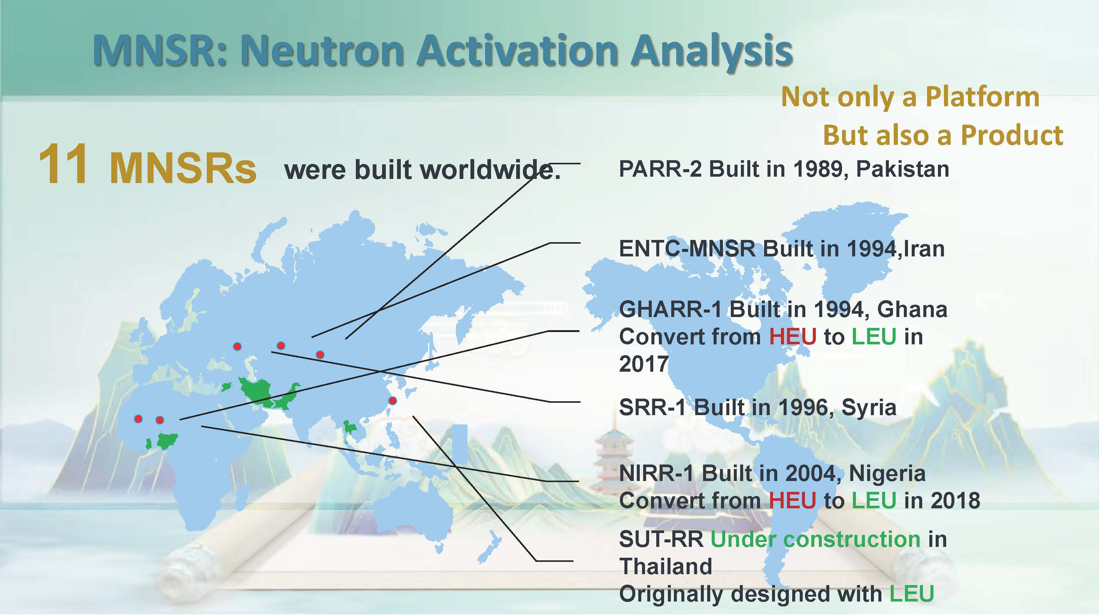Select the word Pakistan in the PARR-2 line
[x=902, y=169]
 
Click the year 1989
[x=816, y=169]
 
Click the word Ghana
[x=912, y=310]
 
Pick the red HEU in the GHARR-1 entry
[x=792, y=337]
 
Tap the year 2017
[x=644, y=364]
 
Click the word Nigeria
[x=887, y=473]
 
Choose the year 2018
[x=955, y=500]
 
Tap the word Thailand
[x=666, y=566]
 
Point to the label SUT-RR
[x=661, y=539]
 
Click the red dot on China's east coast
[x=393, y=401]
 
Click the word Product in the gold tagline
[x=1012, y=135]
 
